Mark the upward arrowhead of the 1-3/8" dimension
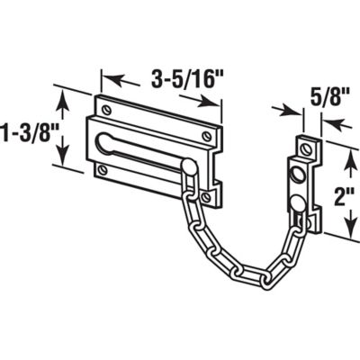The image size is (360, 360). (61, 91)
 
